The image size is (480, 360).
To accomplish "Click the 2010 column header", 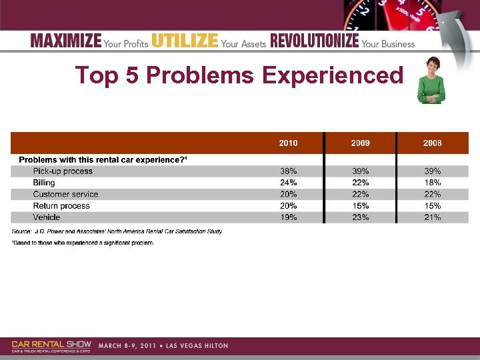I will click(288, 143).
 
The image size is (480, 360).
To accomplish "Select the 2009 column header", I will click(360, 143).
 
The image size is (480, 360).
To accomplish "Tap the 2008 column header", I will click(432, 143).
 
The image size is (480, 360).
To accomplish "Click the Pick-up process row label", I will click(63, 171).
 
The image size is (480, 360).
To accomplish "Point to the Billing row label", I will click(44, 183).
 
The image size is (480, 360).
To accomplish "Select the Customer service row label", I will click(65, 195).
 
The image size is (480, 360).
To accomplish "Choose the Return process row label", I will click(61, 206).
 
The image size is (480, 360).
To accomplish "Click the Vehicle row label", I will click(47, 217).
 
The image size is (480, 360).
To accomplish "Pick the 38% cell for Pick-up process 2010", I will click(288, 171).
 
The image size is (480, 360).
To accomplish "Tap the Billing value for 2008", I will click(432, 183).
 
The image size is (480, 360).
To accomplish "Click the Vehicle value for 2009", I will click(360, 217).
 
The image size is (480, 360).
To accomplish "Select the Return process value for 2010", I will click(288, 206).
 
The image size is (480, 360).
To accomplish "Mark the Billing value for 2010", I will click(288, 183).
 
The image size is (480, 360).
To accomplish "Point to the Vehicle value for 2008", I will click(432, 217).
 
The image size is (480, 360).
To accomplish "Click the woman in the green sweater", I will click(431, 80).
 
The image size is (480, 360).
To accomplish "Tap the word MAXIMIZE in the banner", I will click(66, 41).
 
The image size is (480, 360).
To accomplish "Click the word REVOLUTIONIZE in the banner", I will click(314, 41).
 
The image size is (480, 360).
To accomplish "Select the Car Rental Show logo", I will click(51, 346).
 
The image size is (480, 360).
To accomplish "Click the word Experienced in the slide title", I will click(333, 75).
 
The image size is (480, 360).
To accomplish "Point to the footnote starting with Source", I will click(117, 231).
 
